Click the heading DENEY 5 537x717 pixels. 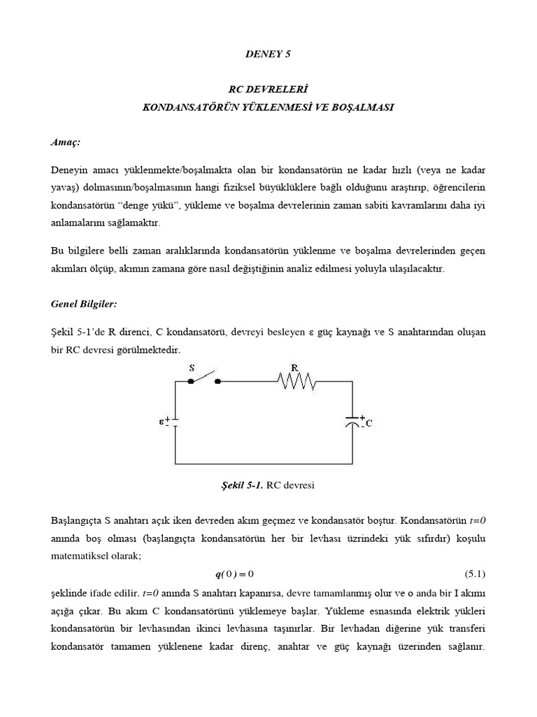click(268, 53)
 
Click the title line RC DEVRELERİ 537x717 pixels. click(268, 90)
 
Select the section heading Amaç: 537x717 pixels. click(66, 142)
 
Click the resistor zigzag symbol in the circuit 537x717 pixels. click(296, 382)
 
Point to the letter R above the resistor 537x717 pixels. click(294, 366)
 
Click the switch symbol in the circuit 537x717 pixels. click(205, 380)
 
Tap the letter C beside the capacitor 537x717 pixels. click(368, 424)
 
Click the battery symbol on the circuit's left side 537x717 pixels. click(175, 423)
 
